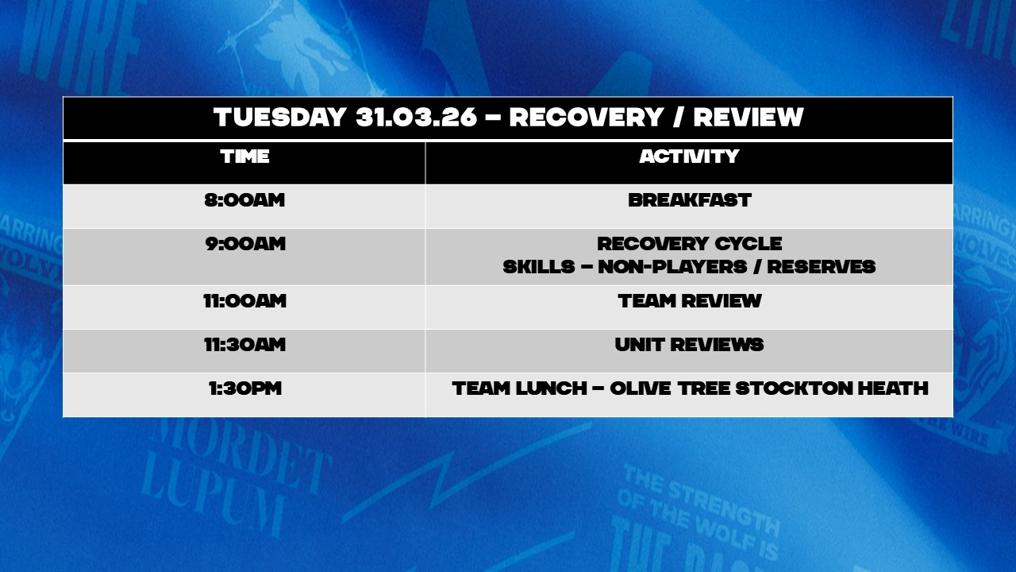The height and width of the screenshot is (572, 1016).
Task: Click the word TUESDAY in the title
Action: (x=280, y=117)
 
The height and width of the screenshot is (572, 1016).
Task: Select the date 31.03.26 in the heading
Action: (x=417, y=117)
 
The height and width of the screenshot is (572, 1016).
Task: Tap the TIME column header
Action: (x=245, y=157)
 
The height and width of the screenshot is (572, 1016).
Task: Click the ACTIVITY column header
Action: (x=690, y=157)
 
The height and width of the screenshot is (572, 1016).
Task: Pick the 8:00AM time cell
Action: (x=244, y=200)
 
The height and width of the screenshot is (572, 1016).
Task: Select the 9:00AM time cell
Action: (x=245, y=244)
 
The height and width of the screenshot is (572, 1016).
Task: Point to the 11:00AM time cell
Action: (x=244, y=301)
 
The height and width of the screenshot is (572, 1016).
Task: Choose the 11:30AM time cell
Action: (x=244, y=345)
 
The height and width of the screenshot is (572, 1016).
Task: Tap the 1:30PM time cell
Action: (x=245, y=388)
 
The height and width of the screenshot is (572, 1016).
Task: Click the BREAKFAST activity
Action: (x=690, y=200)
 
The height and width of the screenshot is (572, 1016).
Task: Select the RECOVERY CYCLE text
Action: (x=690, y=244)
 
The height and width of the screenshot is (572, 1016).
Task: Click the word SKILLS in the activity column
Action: (x=539, y=266)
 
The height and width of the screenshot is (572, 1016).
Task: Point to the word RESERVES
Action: (x=821, y=266)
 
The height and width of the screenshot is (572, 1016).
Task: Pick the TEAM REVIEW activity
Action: (x=690, y=301)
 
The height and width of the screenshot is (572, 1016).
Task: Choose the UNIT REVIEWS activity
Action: (x=690, y=345)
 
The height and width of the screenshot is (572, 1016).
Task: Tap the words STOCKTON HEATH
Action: (x=832, y=388)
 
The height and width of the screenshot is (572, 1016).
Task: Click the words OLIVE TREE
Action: (x=671, y=388)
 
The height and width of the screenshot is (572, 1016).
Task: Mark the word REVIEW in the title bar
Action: (x=749, y=117)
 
